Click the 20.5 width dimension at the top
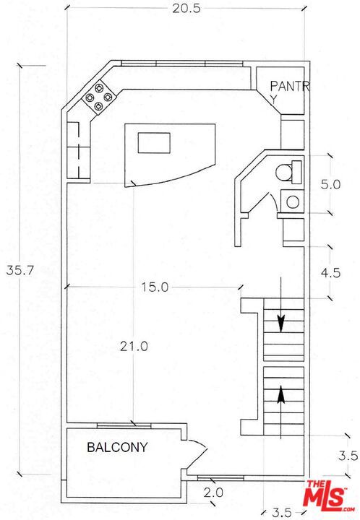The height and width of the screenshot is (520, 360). click(186, 8)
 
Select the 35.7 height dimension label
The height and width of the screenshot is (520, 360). click(20, 270)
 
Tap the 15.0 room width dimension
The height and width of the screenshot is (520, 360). click(155, 287)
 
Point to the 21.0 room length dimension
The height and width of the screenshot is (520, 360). click(134, 347)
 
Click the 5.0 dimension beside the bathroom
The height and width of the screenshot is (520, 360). click(330, 184)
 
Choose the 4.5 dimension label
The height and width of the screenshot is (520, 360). click(330, 272)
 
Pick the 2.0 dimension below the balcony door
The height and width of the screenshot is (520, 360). click(213, 493)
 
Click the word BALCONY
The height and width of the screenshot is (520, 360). click(117, 447)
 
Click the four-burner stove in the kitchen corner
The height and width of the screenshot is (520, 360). click(98, 97)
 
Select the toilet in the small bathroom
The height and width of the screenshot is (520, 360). click(289, 173)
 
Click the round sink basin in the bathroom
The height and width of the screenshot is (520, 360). click(293, 202)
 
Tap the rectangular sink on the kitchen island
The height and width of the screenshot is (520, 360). click(154, 142)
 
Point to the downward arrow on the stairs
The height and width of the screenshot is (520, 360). click(281, 305)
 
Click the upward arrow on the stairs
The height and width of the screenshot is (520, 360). click(281, 412)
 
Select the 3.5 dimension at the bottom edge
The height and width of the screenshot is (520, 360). click(282, 513)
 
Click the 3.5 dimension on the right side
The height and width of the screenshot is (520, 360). click(348, 456)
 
